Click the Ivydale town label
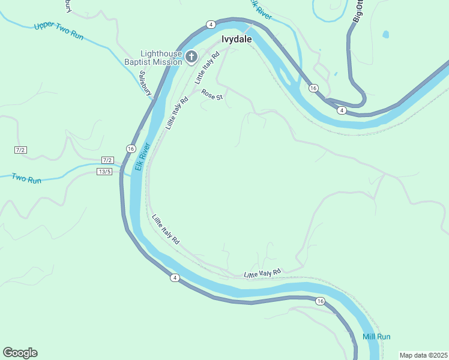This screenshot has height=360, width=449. click(x=237, y=39)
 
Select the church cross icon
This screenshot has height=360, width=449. click(x=191, y=58)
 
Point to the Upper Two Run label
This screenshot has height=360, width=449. click(x=59, y=31)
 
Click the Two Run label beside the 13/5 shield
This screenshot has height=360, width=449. click(x=26, y=179)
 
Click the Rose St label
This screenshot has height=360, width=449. click(x=212, y=94)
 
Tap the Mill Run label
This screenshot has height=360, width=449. click(x=376, y=337)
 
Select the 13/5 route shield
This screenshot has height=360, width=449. click(x=104, y=172)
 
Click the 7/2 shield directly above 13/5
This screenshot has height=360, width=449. click(x=107, y=160)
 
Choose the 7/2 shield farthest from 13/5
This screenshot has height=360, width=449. click(x=21, y=149)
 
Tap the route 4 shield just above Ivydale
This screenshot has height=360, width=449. click(x=211, y=25)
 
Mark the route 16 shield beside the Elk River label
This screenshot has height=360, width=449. click(x=131, y=148)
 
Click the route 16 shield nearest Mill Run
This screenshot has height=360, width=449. click(x=320, y=301)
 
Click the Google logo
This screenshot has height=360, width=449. click(x=20, y=353)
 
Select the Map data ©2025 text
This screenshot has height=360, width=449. click(x=423, y=355)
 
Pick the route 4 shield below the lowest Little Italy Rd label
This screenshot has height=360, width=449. click(x=174, y=277)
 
